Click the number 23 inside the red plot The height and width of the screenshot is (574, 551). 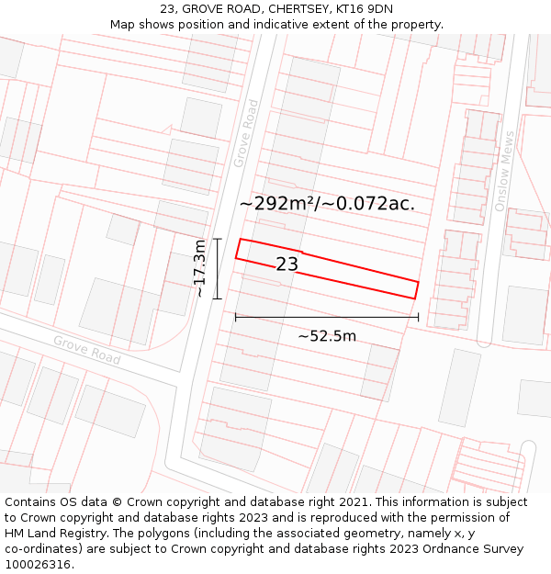pos(287,264)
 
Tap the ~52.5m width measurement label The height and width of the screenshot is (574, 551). pos(327,336)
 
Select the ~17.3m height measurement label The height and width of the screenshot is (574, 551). pos(199,268)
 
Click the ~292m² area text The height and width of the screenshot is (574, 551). pos(275,204)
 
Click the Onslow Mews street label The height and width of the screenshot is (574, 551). pos(505,171)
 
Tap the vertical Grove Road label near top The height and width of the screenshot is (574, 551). pos(245,134)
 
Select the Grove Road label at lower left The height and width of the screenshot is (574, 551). pos(86,350)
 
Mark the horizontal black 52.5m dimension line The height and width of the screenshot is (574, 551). pos(326,318)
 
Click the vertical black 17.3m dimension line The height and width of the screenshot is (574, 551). pos(218,268)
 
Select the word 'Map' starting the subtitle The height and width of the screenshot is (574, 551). pos(122,25)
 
